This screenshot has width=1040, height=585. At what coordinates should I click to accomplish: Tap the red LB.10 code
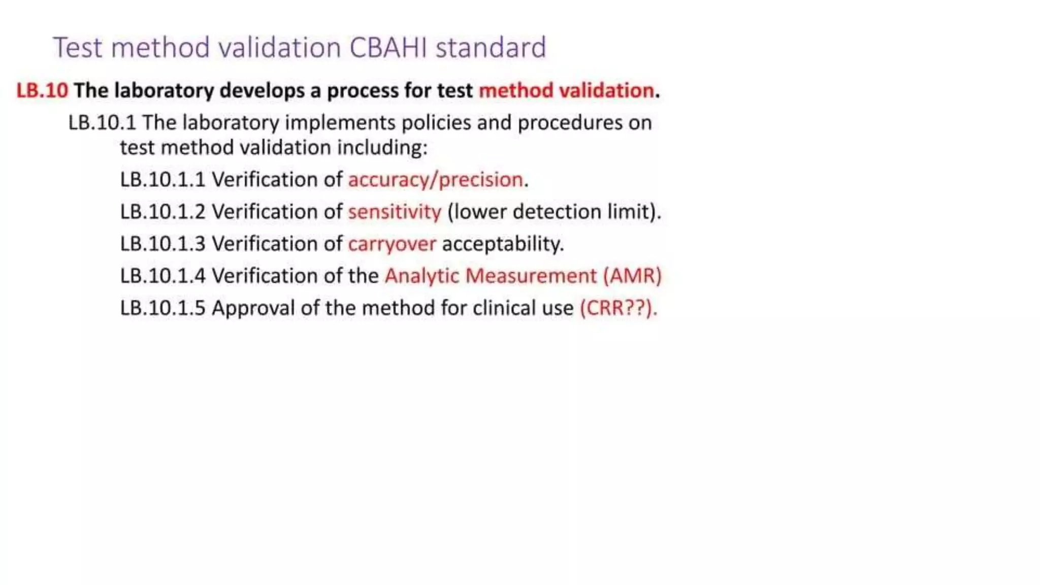point(42,90)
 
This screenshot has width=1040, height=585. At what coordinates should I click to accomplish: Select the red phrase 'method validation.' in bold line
point(569,90)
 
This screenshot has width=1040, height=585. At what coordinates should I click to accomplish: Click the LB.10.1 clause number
point(102,123)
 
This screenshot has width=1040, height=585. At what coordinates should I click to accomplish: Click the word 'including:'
point(382,148)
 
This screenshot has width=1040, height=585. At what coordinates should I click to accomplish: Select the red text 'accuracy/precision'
point(435,180)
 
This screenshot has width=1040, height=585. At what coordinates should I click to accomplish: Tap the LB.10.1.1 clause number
point(162,180)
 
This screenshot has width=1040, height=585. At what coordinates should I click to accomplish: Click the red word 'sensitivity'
point(395,212)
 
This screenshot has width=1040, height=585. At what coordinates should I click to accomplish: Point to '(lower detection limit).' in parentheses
point(554,212)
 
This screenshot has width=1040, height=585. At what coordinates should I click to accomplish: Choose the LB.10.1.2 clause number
point(162,212)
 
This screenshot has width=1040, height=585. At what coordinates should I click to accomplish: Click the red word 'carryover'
point(392,244)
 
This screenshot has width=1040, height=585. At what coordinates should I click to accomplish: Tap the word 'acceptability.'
point(503,244)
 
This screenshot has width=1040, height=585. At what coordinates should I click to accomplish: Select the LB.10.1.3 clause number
point(162,244)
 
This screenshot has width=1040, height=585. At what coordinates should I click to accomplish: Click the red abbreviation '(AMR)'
point(632,276)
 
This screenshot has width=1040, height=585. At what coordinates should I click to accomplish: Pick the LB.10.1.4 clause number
point(162,276)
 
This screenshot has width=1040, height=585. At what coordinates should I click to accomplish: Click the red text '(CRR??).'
point(618,308)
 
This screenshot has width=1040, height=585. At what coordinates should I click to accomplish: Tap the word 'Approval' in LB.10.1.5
point(253,308)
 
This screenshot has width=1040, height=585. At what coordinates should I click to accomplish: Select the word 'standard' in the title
point(491,48)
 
